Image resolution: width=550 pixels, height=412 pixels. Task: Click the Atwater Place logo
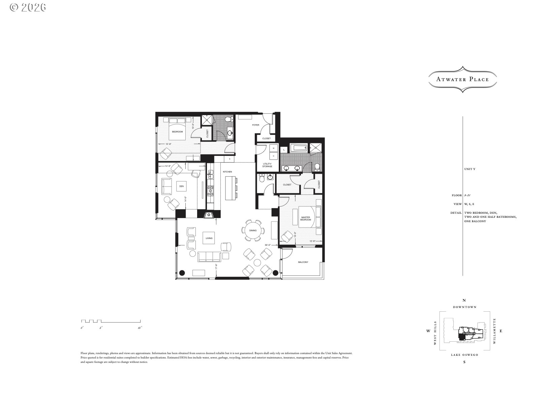pos(462,80)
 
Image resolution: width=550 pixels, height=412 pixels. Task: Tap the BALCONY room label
pos(303,262)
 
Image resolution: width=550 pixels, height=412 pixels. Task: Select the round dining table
pos(253,231)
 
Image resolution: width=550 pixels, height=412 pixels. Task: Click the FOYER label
pos(256,125)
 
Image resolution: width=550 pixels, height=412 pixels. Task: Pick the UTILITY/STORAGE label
pos(267,165)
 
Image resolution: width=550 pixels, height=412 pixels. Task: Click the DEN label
pos(181,186)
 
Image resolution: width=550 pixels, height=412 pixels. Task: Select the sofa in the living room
pos(209,256)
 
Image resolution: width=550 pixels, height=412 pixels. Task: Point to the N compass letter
pos(464,300)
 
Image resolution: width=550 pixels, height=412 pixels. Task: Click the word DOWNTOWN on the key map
pos(464,307)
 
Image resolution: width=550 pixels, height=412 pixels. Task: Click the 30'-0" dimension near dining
pos(268,245)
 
